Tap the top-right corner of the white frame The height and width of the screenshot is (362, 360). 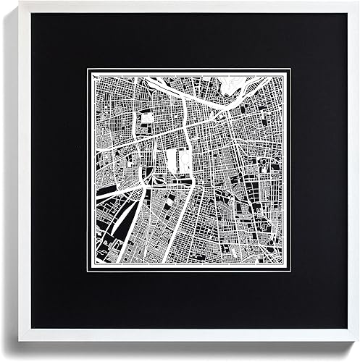(359, 2)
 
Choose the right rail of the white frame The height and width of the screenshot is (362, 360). (353, 181)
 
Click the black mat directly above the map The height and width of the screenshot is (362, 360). (181, 40)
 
